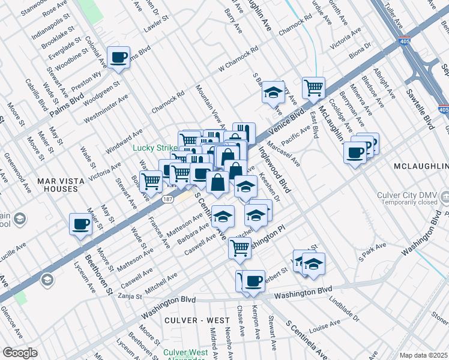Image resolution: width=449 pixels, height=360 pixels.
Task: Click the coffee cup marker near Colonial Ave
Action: coord(118,58)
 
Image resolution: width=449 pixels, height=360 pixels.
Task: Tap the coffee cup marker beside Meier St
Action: coord(81,225)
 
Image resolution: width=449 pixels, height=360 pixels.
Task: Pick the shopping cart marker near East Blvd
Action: coord(313,88)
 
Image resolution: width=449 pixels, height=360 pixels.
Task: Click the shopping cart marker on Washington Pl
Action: coord(240,247)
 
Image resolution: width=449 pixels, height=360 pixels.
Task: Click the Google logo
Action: coord(20,353)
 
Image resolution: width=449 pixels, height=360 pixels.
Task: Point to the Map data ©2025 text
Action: coord(423,355)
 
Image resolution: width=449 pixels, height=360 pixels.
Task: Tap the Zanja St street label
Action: coord(129,296)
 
